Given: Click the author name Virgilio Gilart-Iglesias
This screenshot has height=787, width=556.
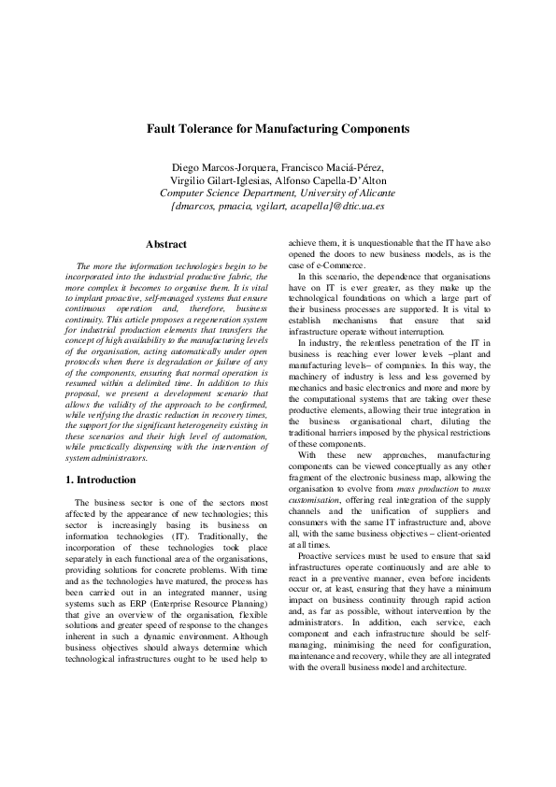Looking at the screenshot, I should click(222, 180).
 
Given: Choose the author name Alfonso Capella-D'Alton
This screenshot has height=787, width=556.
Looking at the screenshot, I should click(333, 180).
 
